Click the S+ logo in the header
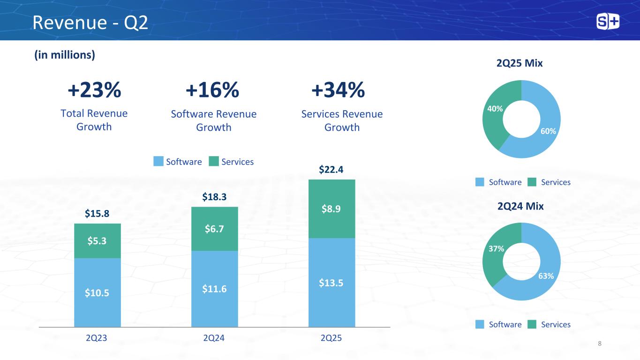tap(608, 22)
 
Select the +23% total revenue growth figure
tap(94, 90)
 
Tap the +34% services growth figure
tap(338, 90)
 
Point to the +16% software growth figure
tap(212, 90)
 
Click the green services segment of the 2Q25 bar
tap(331, 209)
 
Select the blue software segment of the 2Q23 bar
tap(98, 292)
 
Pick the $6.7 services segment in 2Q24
tap(215, 229)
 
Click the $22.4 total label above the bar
tap(331, 169)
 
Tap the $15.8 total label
tap(97, 213)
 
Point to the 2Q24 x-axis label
tap(214, 338)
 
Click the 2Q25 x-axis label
tap(331, 338)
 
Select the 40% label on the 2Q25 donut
tap(495, 109)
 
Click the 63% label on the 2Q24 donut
tap(546, 276)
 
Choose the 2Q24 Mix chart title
tap(520, 206)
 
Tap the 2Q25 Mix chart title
tap(520, 63)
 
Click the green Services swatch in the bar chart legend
tap(214, 161)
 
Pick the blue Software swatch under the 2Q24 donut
tap(480, 324)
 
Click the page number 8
tap(599, 344)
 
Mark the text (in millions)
tap(65, 55)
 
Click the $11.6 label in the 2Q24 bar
tap(214, 289)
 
